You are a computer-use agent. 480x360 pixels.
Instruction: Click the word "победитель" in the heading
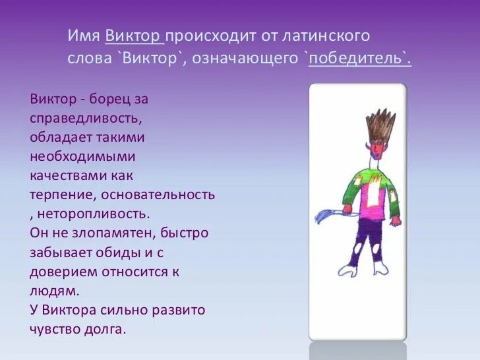coord(357,59)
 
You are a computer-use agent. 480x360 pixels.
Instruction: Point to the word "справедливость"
coord(84,119)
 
